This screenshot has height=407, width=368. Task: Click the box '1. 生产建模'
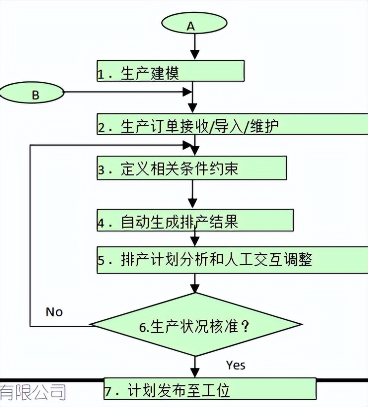170,71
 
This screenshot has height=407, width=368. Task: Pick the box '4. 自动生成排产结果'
195,221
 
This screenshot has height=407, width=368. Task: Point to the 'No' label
54,312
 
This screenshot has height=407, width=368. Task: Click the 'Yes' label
236,365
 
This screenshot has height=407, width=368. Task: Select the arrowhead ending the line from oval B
187,92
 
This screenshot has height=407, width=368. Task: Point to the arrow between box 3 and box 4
193,195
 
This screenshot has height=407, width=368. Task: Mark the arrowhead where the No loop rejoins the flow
188,146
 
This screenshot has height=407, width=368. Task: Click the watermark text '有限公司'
33,392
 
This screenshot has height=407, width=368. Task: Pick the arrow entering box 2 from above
193,103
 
